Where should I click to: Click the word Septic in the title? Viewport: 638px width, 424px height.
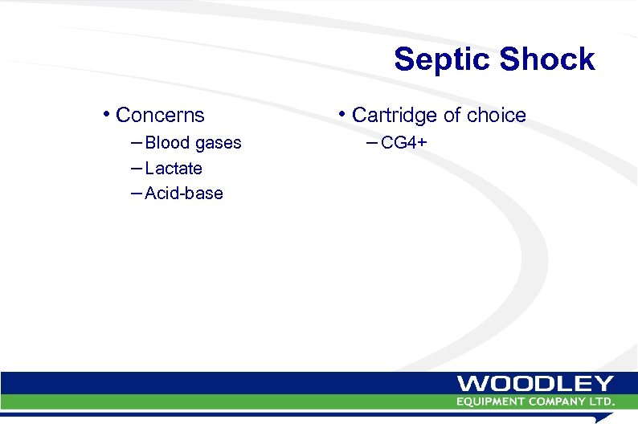point(442,60)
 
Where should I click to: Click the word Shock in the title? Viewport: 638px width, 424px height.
point(546,59)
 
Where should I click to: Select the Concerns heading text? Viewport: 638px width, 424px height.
point(160,116)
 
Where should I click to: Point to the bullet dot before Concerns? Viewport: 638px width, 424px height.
point(107,113)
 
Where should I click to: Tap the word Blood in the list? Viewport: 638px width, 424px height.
point(167,143)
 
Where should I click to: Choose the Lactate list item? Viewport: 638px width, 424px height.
point(174,169)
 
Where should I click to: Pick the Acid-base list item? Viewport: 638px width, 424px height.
point(184,194)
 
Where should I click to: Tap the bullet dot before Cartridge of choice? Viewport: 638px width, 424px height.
point(343,113)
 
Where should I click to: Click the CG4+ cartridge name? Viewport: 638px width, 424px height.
point(403,143)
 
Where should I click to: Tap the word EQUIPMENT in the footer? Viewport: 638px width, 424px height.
point(489,401)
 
